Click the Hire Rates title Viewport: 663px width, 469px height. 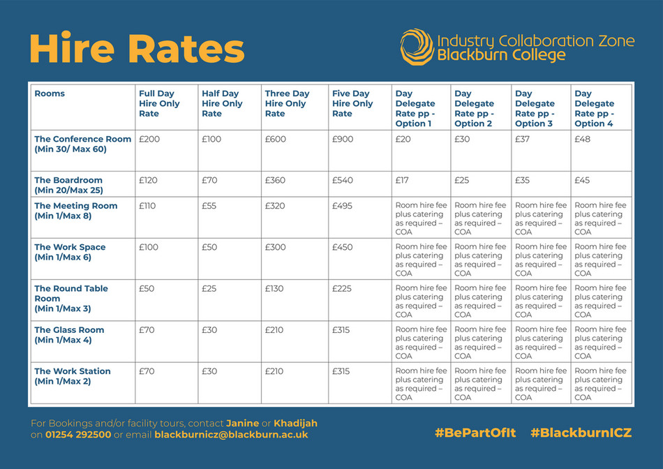pos(137,49)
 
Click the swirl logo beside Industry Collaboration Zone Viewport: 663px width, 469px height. pos(417,47)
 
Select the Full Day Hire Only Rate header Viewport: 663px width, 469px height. pos(159,103)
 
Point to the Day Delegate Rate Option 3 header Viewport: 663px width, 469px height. pos(535,108)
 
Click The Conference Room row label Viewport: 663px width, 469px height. pos(82,144)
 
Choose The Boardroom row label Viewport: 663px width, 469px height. pos(68,185)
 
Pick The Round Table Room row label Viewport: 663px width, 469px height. pos(71,298)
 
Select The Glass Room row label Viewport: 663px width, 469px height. pos(69,335)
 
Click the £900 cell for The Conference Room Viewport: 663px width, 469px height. pos(343,139)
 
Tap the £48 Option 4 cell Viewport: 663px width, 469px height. pos(583,139)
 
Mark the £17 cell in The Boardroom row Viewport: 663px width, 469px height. pos(403,180)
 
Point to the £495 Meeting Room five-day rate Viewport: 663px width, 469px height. pos(343,206)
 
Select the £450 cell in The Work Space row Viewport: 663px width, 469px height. pos(343,247)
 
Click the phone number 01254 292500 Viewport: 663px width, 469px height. pos(78,435)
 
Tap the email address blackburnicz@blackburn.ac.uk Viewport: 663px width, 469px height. pos(231,435)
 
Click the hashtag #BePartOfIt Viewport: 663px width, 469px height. pos(475,433)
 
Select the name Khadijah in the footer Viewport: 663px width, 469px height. pos(295,424)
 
